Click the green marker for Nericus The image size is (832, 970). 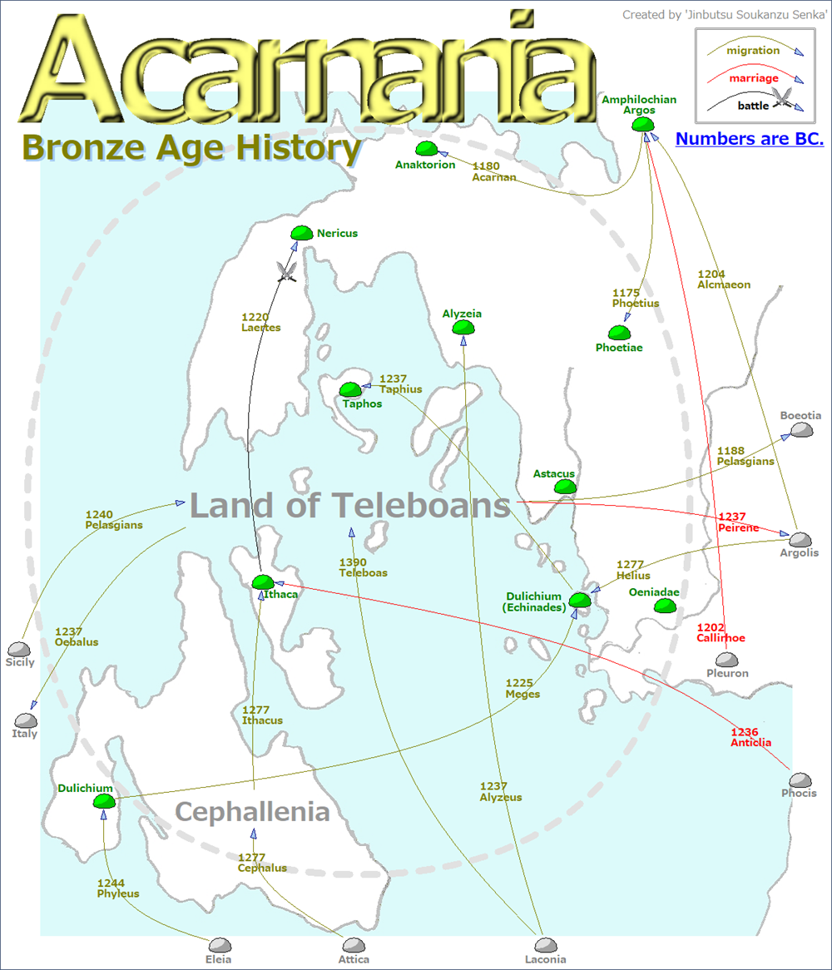pyautogui.click(x=300, y=233)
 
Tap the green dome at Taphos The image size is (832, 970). pyautogui.click(x=350, y=389)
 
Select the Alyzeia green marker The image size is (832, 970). pyautogui.click(x=463, y=328)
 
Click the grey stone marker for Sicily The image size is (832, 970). pyautogui.click(x=18, y=649)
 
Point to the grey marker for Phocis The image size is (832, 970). pyautogui.click(x=800, y=779)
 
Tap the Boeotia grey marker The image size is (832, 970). pyautogui.click(x=801, y=429)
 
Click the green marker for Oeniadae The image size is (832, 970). pyautogui.click(x=664, y=606)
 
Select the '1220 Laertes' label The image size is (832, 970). pyautogui.click(x=260, y=322)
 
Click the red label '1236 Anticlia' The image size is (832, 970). pyautogui.click(x=750, y=737)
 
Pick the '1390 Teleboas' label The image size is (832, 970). pyautogui.click(x=363, y=567)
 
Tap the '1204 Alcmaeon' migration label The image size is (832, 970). pyautogui.click(x=723, y=279)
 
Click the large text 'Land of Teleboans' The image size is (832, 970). pyautogui.click(x=349, y=505)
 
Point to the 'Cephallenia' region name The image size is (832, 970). pyautogui.click(x=252, y=812)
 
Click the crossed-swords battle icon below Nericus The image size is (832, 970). pyautogui.click(x=288, y=271)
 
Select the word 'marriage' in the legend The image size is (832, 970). pyautogui.click(x=753, y=78)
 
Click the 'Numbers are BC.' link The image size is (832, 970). pyautogui.click(x=749, y=139)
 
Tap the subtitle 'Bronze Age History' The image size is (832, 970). pyautogui.click(x=191, y=148)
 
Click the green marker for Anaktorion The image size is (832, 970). pyautogui.click(x=427, y=149)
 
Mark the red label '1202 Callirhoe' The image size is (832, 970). pyautogui.click(x=721, y=632)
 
